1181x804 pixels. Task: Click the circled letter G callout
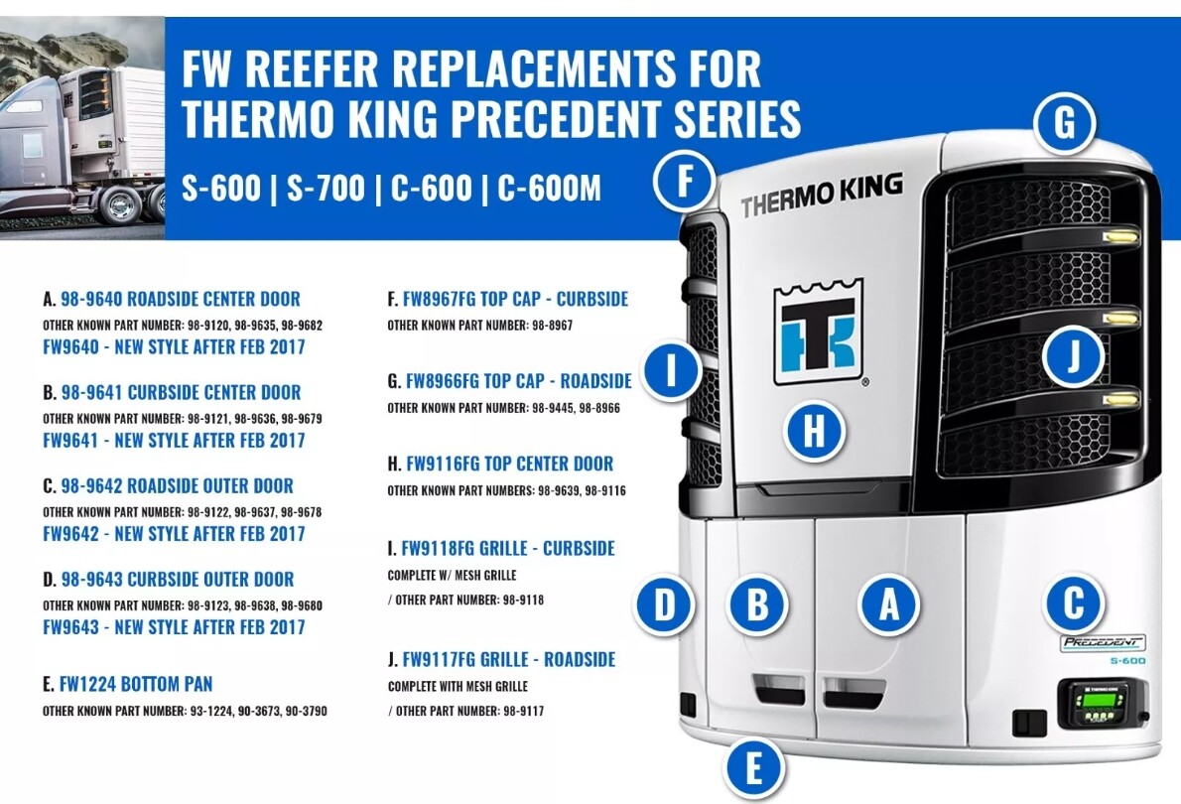[1063, 124]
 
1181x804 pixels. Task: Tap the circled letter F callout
[685, 182]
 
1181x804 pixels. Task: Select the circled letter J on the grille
[1072, 356]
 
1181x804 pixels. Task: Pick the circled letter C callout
[1073, 602]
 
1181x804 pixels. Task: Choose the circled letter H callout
[813, 432]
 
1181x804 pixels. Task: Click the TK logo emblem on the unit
[818, 333]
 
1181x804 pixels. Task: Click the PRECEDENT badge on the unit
[1103, 642]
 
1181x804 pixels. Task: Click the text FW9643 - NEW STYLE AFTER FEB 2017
[174, 627]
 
